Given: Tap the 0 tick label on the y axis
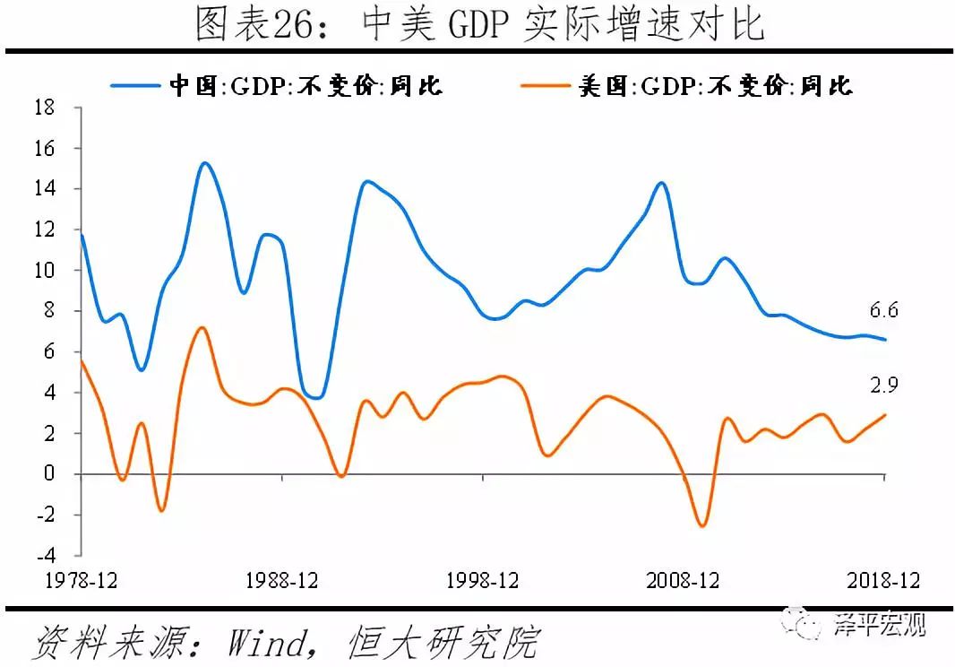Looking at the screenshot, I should (50, 474).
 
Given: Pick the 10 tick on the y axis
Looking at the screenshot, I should (45, 271).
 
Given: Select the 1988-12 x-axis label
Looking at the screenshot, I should (281, 581).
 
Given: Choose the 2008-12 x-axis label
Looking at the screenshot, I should (683, 581).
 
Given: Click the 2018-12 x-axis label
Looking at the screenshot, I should (883, 581).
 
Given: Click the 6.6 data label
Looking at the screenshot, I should (883, 312).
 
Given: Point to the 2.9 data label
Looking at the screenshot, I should (883, 386).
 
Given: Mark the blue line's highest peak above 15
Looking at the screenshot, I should (204, 163).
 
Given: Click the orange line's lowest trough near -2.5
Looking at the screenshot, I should (702, 525).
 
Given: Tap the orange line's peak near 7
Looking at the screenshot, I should (202, 328).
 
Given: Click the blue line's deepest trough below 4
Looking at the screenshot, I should (315, 397).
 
